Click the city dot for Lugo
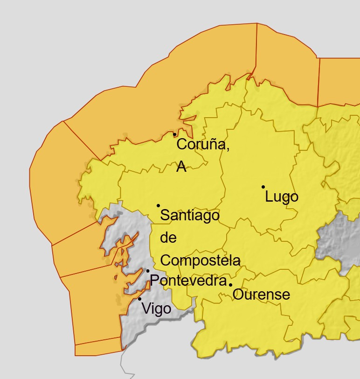tap(263, 187)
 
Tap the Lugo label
tap(281, 197)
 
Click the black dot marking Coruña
tap(175, 134)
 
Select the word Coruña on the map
tap(203, 145)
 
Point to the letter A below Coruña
tap(181, 167)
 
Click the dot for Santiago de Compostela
tap(158, 205)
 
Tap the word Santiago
tap(189, 216)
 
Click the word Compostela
tap(201, 260)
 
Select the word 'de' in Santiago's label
tap(168, 238)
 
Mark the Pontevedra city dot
tap(148, 271)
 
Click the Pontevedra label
tap(187, 281)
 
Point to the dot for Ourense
tap(230, 285)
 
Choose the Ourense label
tap(261, 295)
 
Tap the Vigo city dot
tap(139, 299)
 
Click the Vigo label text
tap(156, 309)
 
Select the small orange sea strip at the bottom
tap(98, 347)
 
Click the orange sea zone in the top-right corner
tap(339, 79)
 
